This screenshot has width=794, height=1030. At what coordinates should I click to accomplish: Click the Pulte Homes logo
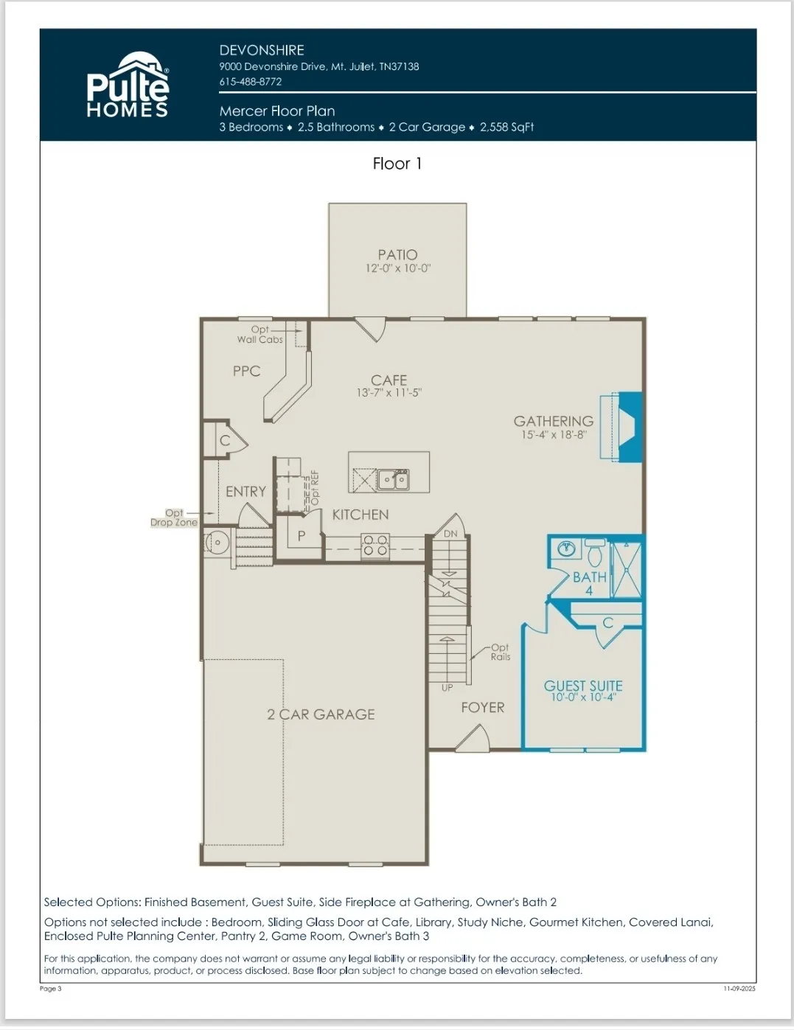(x=128, y=84)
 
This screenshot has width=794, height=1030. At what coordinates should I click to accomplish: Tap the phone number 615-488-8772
(x=250, y=82)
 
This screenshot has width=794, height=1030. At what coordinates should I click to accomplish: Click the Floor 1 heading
(x=397, y=164)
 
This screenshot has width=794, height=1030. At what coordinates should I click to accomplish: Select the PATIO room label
(x=397, y=254)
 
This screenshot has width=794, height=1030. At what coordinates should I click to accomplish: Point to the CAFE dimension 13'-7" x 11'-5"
(x=389, y=392)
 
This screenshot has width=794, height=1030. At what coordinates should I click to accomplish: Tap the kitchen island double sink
(x=394, y=479)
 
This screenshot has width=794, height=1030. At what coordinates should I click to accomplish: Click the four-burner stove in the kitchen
(x=375, y=546)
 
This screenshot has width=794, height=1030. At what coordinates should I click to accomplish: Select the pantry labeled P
(x=302, y=536)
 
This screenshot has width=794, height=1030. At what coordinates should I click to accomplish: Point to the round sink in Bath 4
(x=565, y=549)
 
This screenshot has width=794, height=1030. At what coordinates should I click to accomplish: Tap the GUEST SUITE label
(x=583, y=686)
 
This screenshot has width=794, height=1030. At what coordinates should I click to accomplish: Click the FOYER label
(x=483, y=708)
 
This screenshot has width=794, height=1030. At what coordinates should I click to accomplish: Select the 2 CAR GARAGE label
(x=321, y=714)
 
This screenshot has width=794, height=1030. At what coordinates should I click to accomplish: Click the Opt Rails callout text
(x=501, y=652)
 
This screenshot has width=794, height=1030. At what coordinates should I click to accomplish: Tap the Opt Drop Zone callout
(x=174, y=518)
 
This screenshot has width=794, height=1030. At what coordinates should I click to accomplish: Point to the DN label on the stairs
(x=450, y=534)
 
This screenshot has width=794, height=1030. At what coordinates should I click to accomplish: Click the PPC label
(x=247, y=371)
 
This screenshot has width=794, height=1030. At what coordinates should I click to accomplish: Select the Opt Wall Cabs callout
(x=260, y=334)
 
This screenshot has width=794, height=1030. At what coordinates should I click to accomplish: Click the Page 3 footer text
(x=51, y=989)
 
